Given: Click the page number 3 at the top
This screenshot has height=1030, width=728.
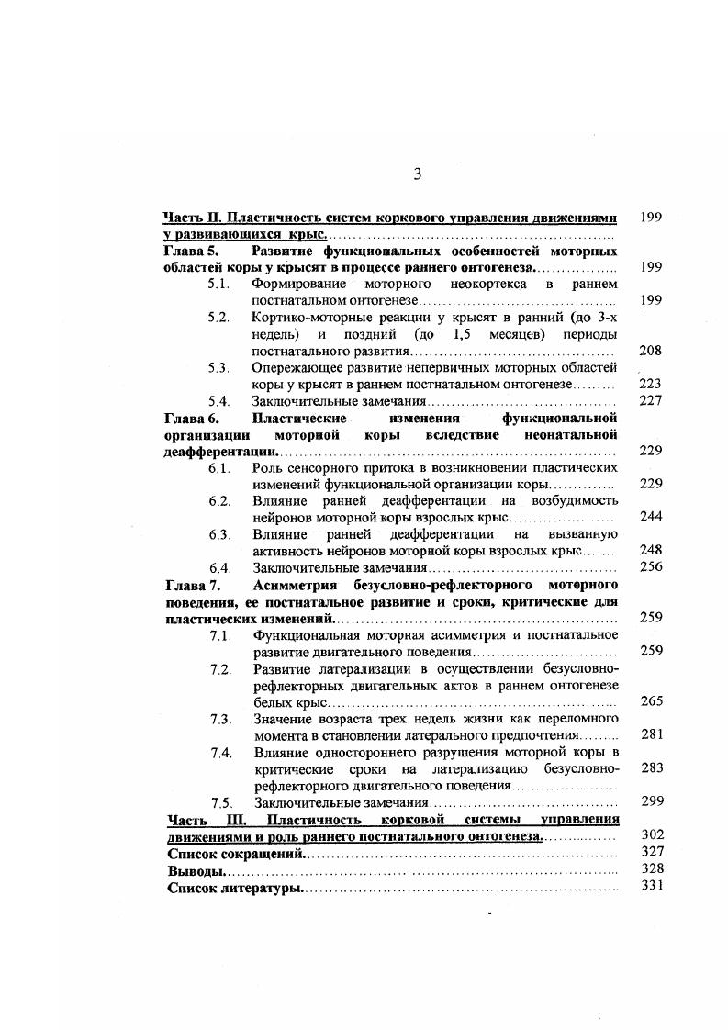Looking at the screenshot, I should click(x=417, y=175).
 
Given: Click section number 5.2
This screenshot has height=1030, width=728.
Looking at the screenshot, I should click(x=218, y=318).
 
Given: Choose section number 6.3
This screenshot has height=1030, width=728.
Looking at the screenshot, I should click(x=218, y=534).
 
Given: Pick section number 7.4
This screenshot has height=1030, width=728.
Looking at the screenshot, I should click(x=218, y=752).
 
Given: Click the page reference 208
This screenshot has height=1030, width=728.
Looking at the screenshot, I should click(x=651, y=351).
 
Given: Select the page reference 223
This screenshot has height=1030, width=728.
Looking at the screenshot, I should click(x=651, y=384).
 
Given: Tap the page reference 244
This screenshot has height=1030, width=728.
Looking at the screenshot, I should click(x=651, y=517).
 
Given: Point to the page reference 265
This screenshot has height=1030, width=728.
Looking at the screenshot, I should click(x=651, y=701).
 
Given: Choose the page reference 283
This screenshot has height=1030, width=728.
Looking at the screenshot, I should click(x=651, y=768).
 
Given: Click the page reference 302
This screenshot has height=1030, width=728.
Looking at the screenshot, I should click(x=651, y=835).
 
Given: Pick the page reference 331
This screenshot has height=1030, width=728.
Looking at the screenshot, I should click(x=651, y=886).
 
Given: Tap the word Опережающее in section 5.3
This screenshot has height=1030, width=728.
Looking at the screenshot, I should click(x=296, y=368).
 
